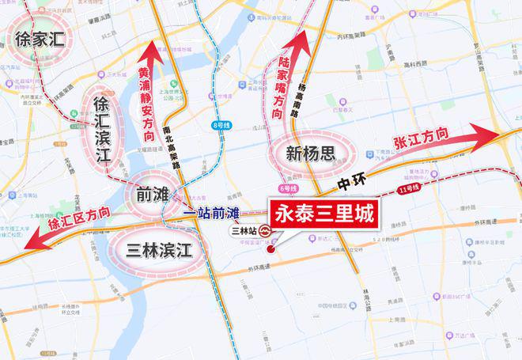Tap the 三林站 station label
[x=243, y=231]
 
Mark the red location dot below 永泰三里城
[x=270, y=248]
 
